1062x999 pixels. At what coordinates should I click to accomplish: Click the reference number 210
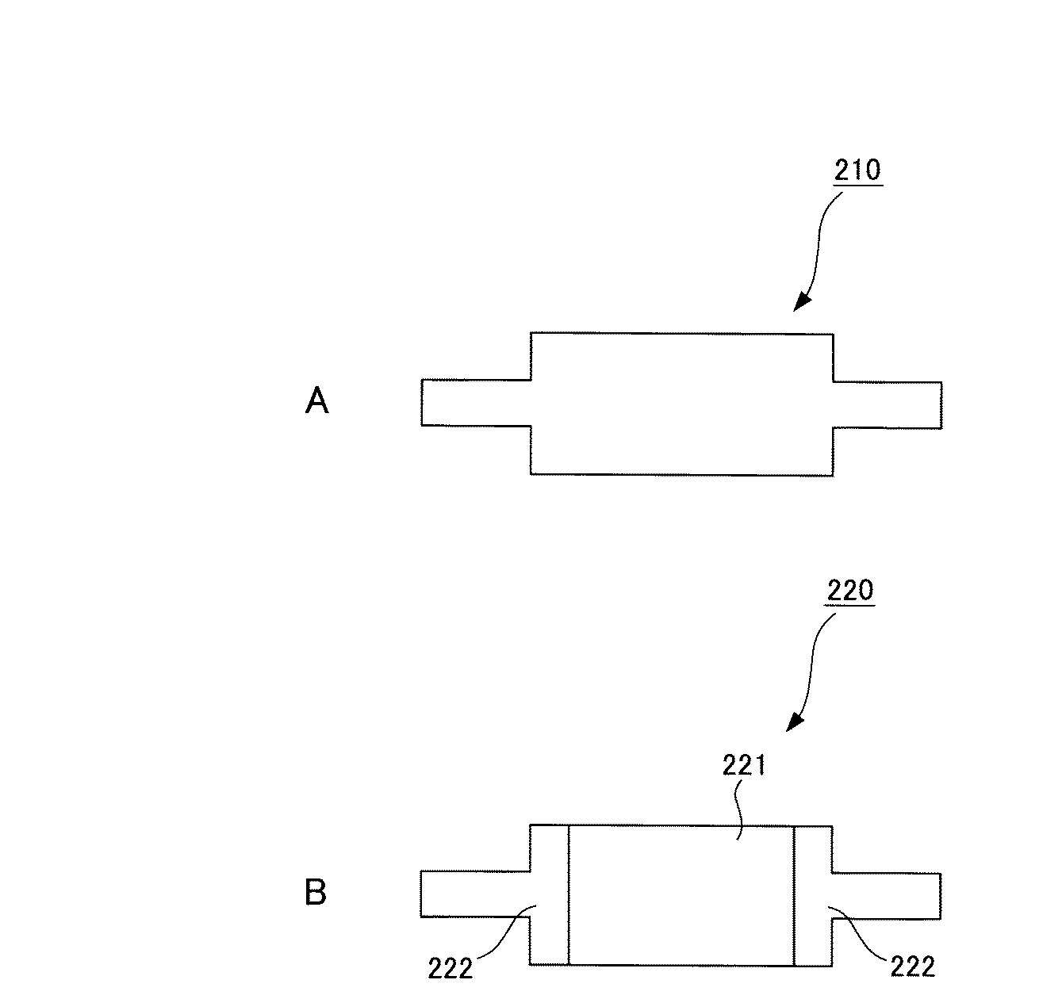click(858, 170)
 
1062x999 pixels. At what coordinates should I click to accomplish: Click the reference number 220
click(849, 591)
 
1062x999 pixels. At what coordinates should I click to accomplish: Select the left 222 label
click(450, 968)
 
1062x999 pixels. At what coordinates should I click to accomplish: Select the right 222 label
click(912, 966)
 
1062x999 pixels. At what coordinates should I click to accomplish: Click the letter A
click(316, 403)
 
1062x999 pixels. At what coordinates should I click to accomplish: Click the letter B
click(316, 894)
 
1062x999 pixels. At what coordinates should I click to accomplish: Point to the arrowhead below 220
click(795, 722)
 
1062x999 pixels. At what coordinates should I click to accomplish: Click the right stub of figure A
click(887, 404)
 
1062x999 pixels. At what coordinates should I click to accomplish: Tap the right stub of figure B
click(886, 896)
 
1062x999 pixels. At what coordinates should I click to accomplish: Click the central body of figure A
click(681, 404)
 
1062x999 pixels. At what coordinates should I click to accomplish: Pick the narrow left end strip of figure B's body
click(550, 894)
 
